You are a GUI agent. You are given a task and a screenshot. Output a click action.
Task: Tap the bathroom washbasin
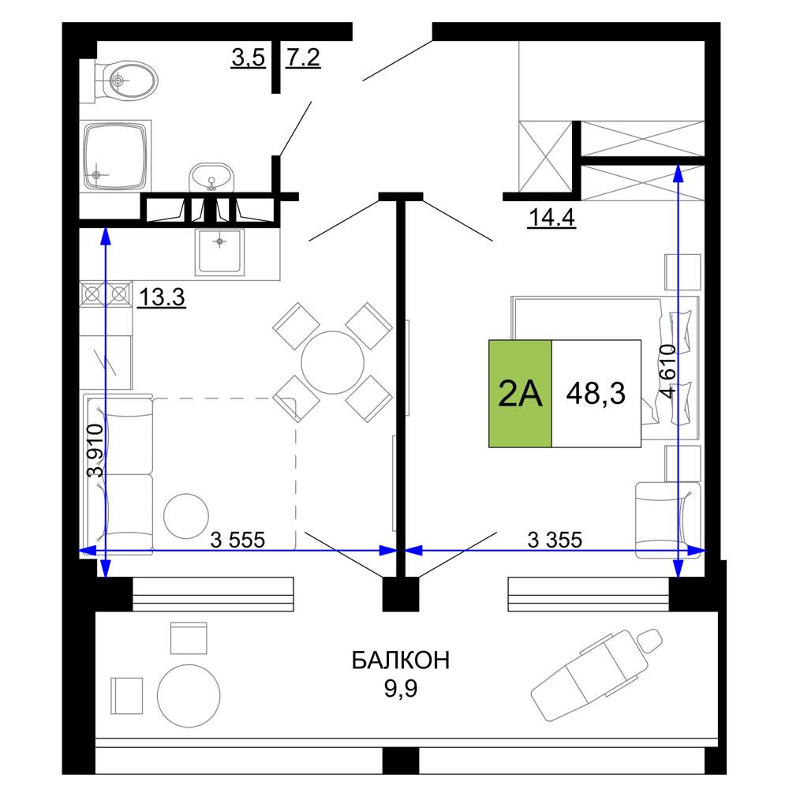pos(211,177)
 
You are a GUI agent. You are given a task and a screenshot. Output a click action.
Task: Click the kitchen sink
pos(220,252)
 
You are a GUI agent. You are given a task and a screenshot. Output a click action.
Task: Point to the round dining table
pos(333,362)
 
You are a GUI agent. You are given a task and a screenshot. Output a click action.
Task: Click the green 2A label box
pos(520,394)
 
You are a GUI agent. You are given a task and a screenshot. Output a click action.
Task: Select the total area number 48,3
pos(596,394)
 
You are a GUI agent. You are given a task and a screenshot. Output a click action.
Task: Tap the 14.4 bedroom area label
pos(552,218)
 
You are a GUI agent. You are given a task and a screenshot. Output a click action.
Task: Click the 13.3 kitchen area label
pos(162,297)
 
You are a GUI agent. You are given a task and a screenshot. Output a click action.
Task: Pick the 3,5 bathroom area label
pos(248,58)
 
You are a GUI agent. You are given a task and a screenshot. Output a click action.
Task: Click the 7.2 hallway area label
pos(303,58)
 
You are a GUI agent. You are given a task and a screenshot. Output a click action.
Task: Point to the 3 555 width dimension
pos(237,540)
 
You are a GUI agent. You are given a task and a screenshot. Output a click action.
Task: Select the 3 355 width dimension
pos(555,540)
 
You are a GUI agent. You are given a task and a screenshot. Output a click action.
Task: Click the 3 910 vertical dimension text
pos(95,451)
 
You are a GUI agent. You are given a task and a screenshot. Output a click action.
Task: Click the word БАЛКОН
pos(401,660)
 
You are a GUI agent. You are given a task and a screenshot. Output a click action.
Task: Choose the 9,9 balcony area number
pos(401,688)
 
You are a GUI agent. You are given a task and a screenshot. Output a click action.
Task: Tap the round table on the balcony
pos(189,696)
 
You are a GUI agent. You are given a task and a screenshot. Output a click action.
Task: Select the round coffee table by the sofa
pos(186,516)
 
